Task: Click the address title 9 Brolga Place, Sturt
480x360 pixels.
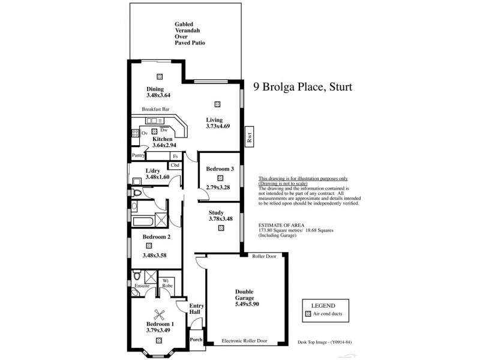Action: (302, 87)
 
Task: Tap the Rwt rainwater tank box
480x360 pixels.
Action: (249, 136)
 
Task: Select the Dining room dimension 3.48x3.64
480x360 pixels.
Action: (158, 95)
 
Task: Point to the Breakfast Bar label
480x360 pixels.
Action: (155, 109)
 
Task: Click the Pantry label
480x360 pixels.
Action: (139, 155)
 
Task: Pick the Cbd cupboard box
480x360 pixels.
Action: (175, 165)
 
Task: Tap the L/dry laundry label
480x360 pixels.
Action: (154, 171)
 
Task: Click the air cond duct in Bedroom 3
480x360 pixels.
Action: (220, 178)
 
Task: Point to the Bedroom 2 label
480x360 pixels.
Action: (157, 237)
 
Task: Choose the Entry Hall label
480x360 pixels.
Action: (196, 308)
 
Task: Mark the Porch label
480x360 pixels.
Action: (196, 339)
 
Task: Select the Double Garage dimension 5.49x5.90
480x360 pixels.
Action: (248, 304)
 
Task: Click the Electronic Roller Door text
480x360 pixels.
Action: (244, 340)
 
